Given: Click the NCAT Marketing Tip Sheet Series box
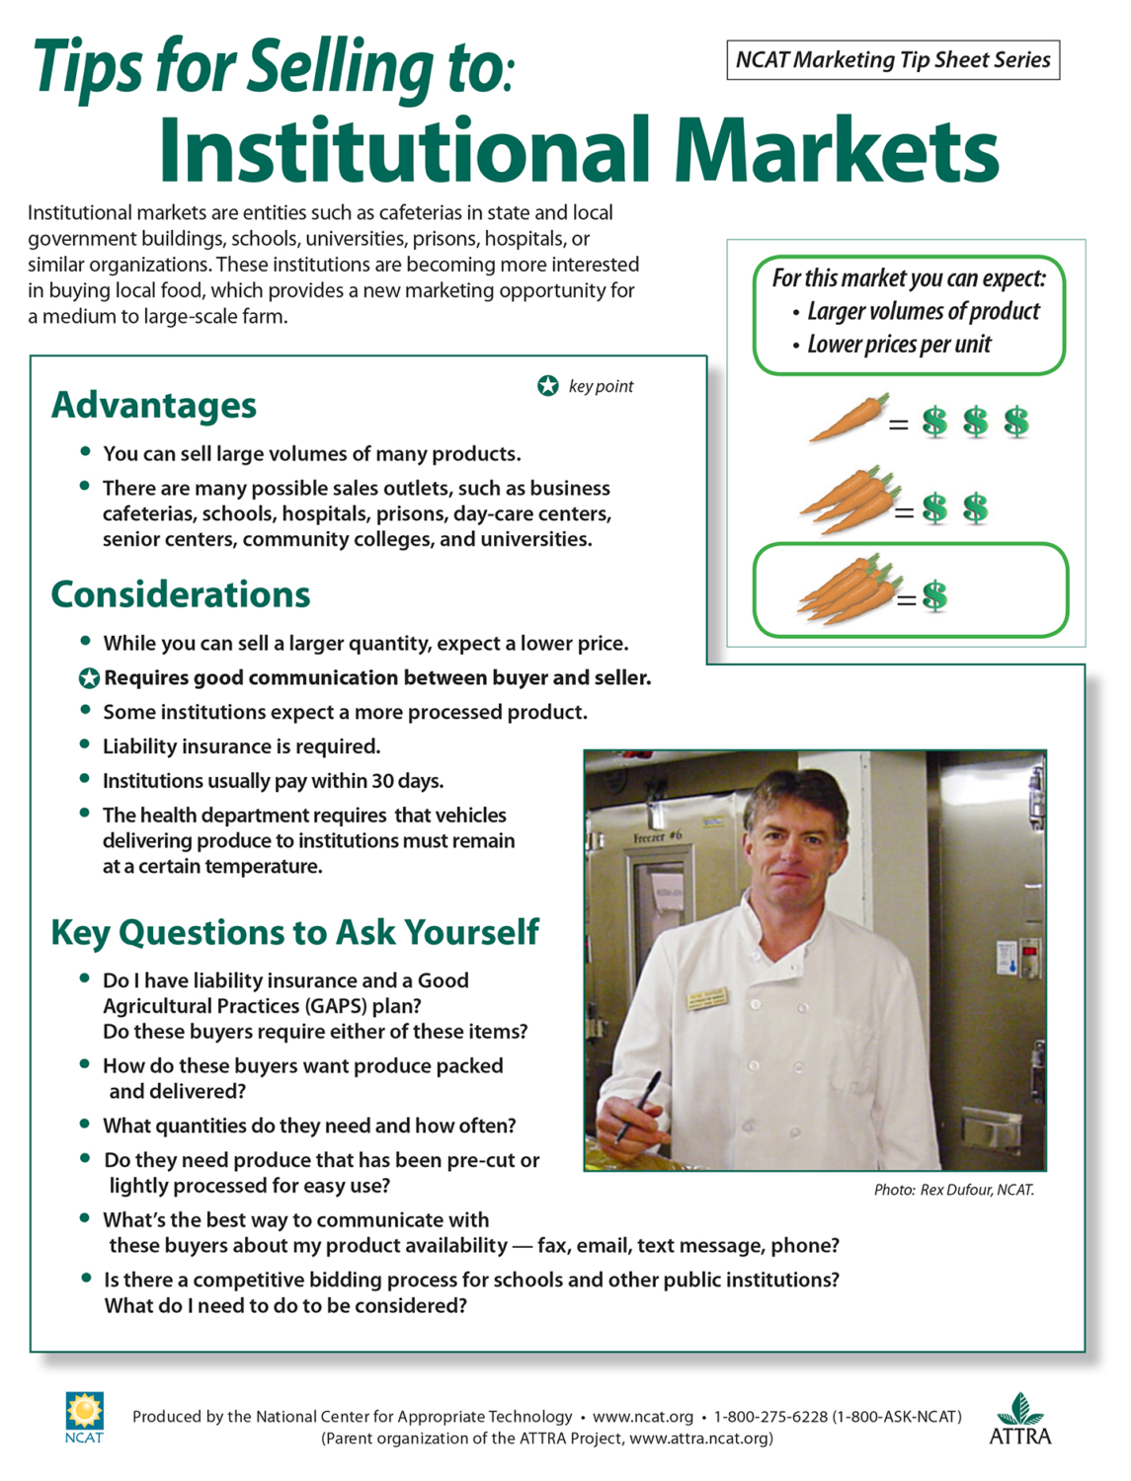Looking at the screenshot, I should click(892, 60).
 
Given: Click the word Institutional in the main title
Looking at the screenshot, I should click(403, 150).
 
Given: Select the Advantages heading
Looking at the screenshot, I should click(154, 405).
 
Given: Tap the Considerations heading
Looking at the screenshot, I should click(181, 594).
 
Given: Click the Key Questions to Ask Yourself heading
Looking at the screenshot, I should click(294, 932).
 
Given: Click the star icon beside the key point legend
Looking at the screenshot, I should click(548, 386).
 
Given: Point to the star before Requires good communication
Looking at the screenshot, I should click(89, 678).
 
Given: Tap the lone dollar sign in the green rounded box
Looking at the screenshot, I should click(934, 595).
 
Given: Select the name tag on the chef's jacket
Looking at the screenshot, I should click(707, 999).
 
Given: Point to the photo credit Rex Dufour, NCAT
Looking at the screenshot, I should click(953, 1190).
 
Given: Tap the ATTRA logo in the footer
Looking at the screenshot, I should click(1020, 1419).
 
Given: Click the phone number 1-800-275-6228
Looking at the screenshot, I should click(770, 1417).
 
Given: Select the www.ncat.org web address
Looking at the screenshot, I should click(642, 1417).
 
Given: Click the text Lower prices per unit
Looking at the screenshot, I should click(898, 345).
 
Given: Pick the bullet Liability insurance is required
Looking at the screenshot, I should click(241, 746).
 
